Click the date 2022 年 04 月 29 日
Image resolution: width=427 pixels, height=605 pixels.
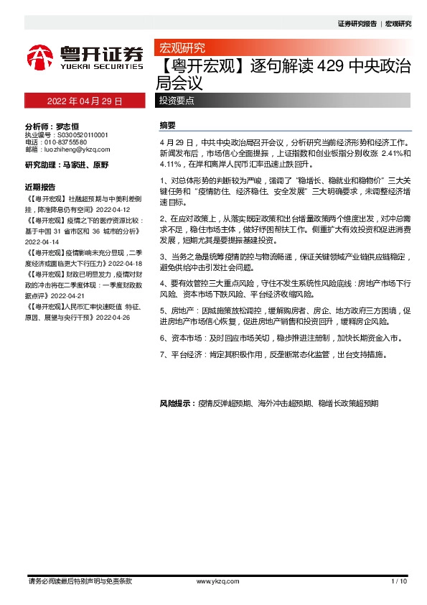[85, 101]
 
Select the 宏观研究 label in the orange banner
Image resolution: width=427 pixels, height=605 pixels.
[182, 48]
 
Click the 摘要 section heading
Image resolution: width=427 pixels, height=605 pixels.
[167, 125]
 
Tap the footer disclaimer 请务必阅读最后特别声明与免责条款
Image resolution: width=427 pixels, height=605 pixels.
[79, 581]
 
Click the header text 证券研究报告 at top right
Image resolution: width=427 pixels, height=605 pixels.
[357, 24]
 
